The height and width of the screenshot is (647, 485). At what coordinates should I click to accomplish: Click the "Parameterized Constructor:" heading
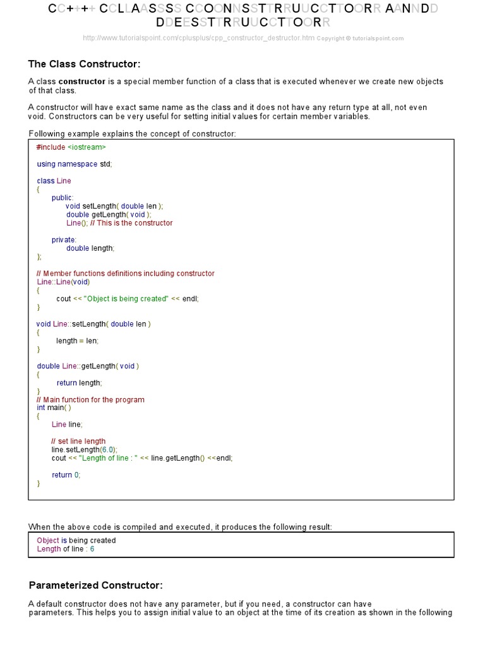(x=96, y=585)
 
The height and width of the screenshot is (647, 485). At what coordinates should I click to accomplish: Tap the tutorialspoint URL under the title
(x=198, y=38)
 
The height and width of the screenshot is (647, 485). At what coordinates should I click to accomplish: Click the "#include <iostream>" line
(x=71, y=147)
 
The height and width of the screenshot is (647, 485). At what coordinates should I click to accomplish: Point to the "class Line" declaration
(x=54, y=181)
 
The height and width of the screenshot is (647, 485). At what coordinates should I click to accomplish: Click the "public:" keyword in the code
(x=63, y=198)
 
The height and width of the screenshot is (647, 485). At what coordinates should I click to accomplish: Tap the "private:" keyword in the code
(x=64, y=239)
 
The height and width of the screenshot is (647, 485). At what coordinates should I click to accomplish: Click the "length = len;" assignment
(x=77, y=341)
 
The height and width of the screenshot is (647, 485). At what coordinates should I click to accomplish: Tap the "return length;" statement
(x=79, y=382)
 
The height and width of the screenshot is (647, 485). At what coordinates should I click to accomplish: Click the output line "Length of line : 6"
(x=65, y=549)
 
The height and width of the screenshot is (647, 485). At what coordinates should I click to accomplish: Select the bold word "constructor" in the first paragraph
(x=82, y=82)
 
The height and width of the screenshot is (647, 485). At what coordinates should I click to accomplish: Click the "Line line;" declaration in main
(x=67, y=424)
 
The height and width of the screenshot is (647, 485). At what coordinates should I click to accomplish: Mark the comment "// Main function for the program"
(x=90, y=399)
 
